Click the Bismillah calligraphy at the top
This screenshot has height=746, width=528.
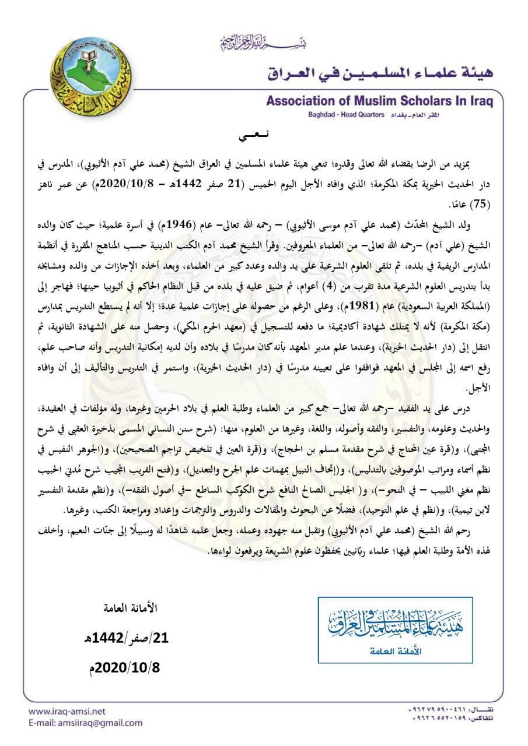(x=264, y=43)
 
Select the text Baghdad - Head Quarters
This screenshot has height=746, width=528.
(x=341, y=115)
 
